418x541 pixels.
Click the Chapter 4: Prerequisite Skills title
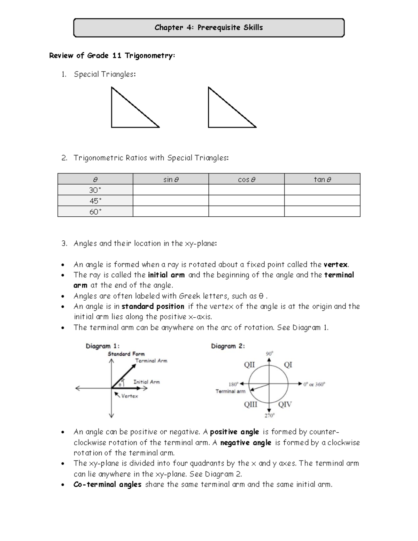tap(209, 28)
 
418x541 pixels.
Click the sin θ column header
tap(171, 179)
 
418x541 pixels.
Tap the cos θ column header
tap(246, 179)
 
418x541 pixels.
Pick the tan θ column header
tap(322, 179)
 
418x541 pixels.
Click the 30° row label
tap(95, 190)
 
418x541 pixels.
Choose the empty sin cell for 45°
tap(171, 201)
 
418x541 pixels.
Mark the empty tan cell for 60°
tap(322, 211)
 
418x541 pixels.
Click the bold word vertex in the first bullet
tap(335, 264)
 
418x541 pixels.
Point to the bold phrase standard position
tap(153, 306)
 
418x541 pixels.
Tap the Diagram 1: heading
tap(102, 346)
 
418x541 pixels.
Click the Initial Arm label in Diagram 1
tap(146, 382)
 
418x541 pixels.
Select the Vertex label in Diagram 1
tap(129, 396)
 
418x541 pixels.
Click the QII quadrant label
tap(249, 365)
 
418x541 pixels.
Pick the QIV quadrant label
tap(285, 404)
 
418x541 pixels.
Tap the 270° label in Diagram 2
tap(269, 415)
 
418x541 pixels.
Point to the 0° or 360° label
tap(314, 384)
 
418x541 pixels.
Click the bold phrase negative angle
tap(246, 442)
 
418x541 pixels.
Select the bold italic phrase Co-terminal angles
tap(107, 484)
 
